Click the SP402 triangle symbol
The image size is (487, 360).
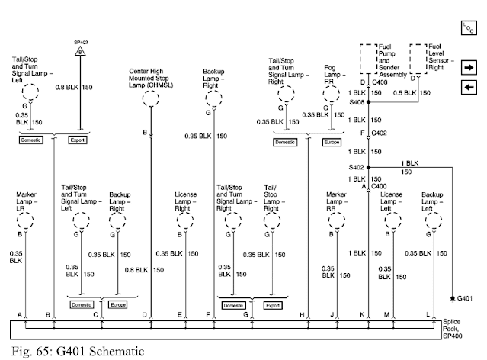(x=80, y=50)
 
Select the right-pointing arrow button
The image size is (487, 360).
(x=469, y=67)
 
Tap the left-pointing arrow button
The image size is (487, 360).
(x=469, y=88)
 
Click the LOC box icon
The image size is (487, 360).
(x=469, y=27)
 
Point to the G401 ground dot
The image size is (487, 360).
(x=453, y=298)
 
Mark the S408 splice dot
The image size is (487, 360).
(x=369, y=102)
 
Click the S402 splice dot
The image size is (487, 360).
(x=369, y=167)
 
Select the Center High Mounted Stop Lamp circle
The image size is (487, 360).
(x=151, y=98)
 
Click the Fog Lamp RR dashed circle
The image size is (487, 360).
(x=331, y=94)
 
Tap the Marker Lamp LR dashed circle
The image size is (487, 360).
(x=25, y=220)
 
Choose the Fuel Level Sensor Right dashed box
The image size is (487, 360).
(x=418, y=59)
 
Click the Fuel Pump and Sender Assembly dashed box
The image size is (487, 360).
(x=369, y=59)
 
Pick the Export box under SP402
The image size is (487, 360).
(x=77, y=140)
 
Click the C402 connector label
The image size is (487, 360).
(x=380, y=133)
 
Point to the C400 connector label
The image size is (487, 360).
(x=380, y=186)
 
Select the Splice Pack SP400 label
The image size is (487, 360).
(x=452, y=329)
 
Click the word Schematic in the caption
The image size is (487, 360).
(x=117, y=352)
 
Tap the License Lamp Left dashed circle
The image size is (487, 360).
(x=393, y=220)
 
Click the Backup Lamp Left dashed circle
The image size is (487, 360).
(x=434, y=220)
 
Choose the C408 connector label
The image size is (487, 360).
(x=380, y=82)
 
